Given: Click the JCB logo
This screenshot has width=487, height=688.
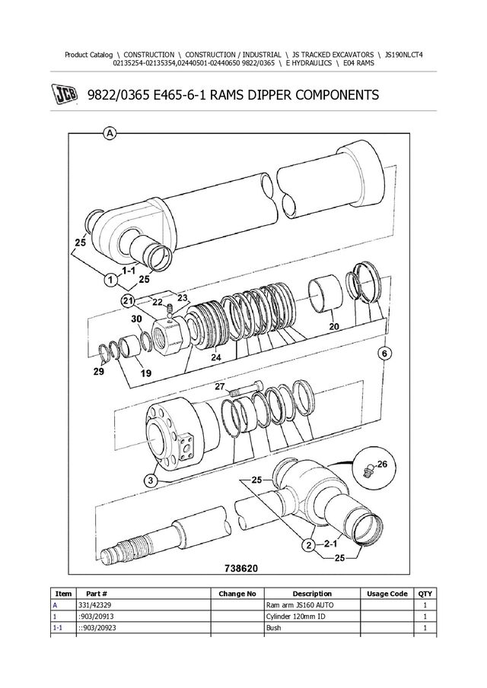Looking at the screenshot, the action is tap(66, 95).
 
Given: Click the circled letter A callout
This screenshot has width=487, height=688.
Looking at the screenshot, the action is tap(110, 133).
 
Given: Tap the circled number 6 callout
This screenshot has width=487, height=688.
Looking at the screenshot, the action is tap(384, 354).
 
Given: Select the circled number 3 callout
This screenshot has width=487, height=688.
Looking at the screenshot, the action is tap(151, 480).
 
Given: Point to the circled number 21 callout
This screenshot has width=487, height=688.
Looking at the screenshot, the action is tap(127, 300).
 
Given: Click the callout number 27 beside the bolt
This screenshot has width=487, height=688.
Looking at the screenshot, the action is tap(220, 386).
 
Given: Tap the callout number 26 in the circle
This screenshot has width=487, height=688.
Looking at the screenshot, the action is tap(382, 464).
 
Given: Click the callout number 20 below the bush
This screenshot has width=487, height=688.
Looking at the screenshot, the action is tap(334, 326).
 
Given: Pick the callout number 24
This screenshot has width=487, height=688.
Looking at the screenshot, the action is tap(215, 357).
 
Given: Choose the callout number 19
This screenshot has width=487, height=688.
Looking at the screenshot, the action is tap(146, 373).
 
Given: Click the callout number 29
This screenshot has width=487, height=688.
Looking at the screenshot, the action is tap(99, 372).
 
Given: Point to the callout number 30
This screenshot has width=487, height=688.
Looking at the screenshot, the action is tap(136, 319).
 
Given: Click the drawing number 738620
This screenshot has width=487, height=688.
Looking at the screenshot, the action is tap(241, 569).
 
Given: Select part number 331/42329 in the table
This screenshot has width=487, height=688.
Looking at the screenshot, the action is tap(93, 605).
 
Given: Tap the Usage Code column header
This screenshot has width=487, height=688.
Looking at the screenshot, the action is tap(387, 594).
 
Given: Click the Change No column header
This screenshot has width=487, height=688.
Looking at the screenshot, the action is tap(237, 594).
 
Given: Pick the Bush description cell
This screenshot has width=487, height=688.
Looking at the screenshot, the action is tap(273, 628).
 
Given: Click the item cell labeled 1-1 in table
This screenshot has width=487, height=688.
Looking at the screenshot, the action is tap(58, 628).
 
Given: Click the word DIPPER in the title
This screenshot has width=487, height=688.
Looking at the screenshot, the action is tap(269, 95).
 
